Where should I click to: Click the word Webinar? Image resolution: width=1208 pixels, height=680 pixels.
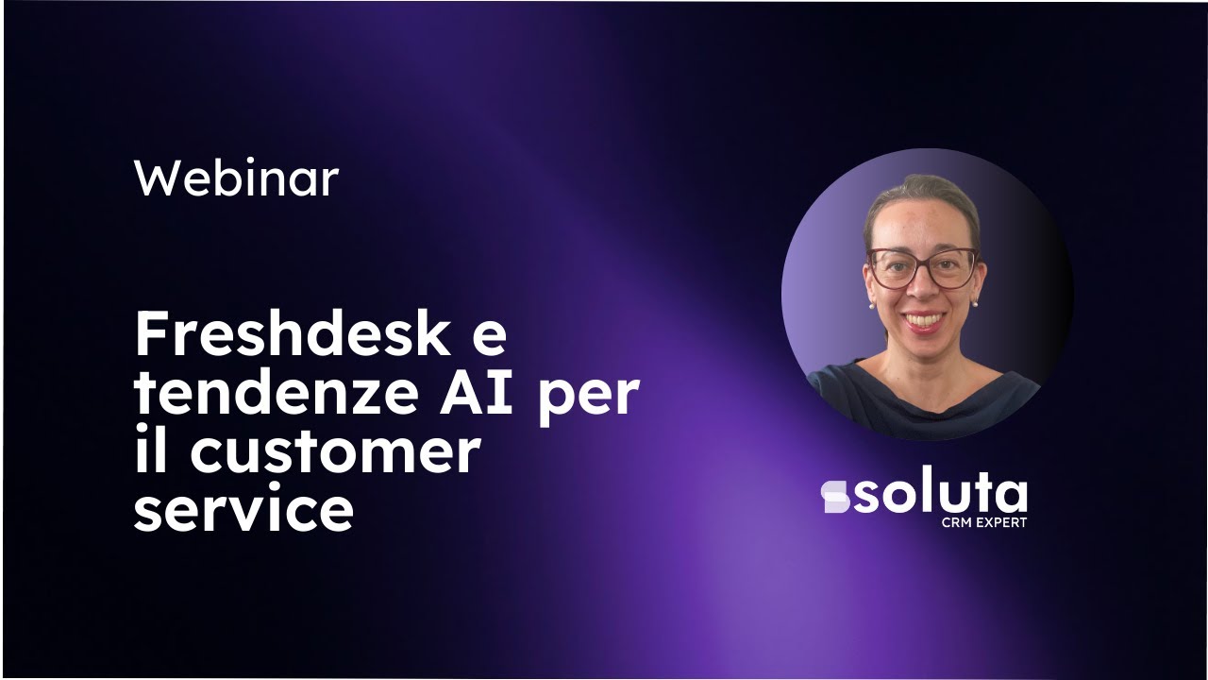point(236,178)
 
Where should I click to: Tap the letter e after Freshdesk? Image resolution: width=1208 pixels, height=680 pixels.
point(485,338)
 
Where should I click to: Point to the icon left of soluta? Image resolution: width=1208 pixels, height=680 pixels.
point(835,497)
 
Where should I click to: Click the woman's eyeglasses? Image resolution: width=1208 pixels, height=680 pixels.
point(922,268)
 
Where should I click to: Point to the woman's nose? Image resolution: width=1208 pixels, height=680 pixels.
point(922,287)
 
